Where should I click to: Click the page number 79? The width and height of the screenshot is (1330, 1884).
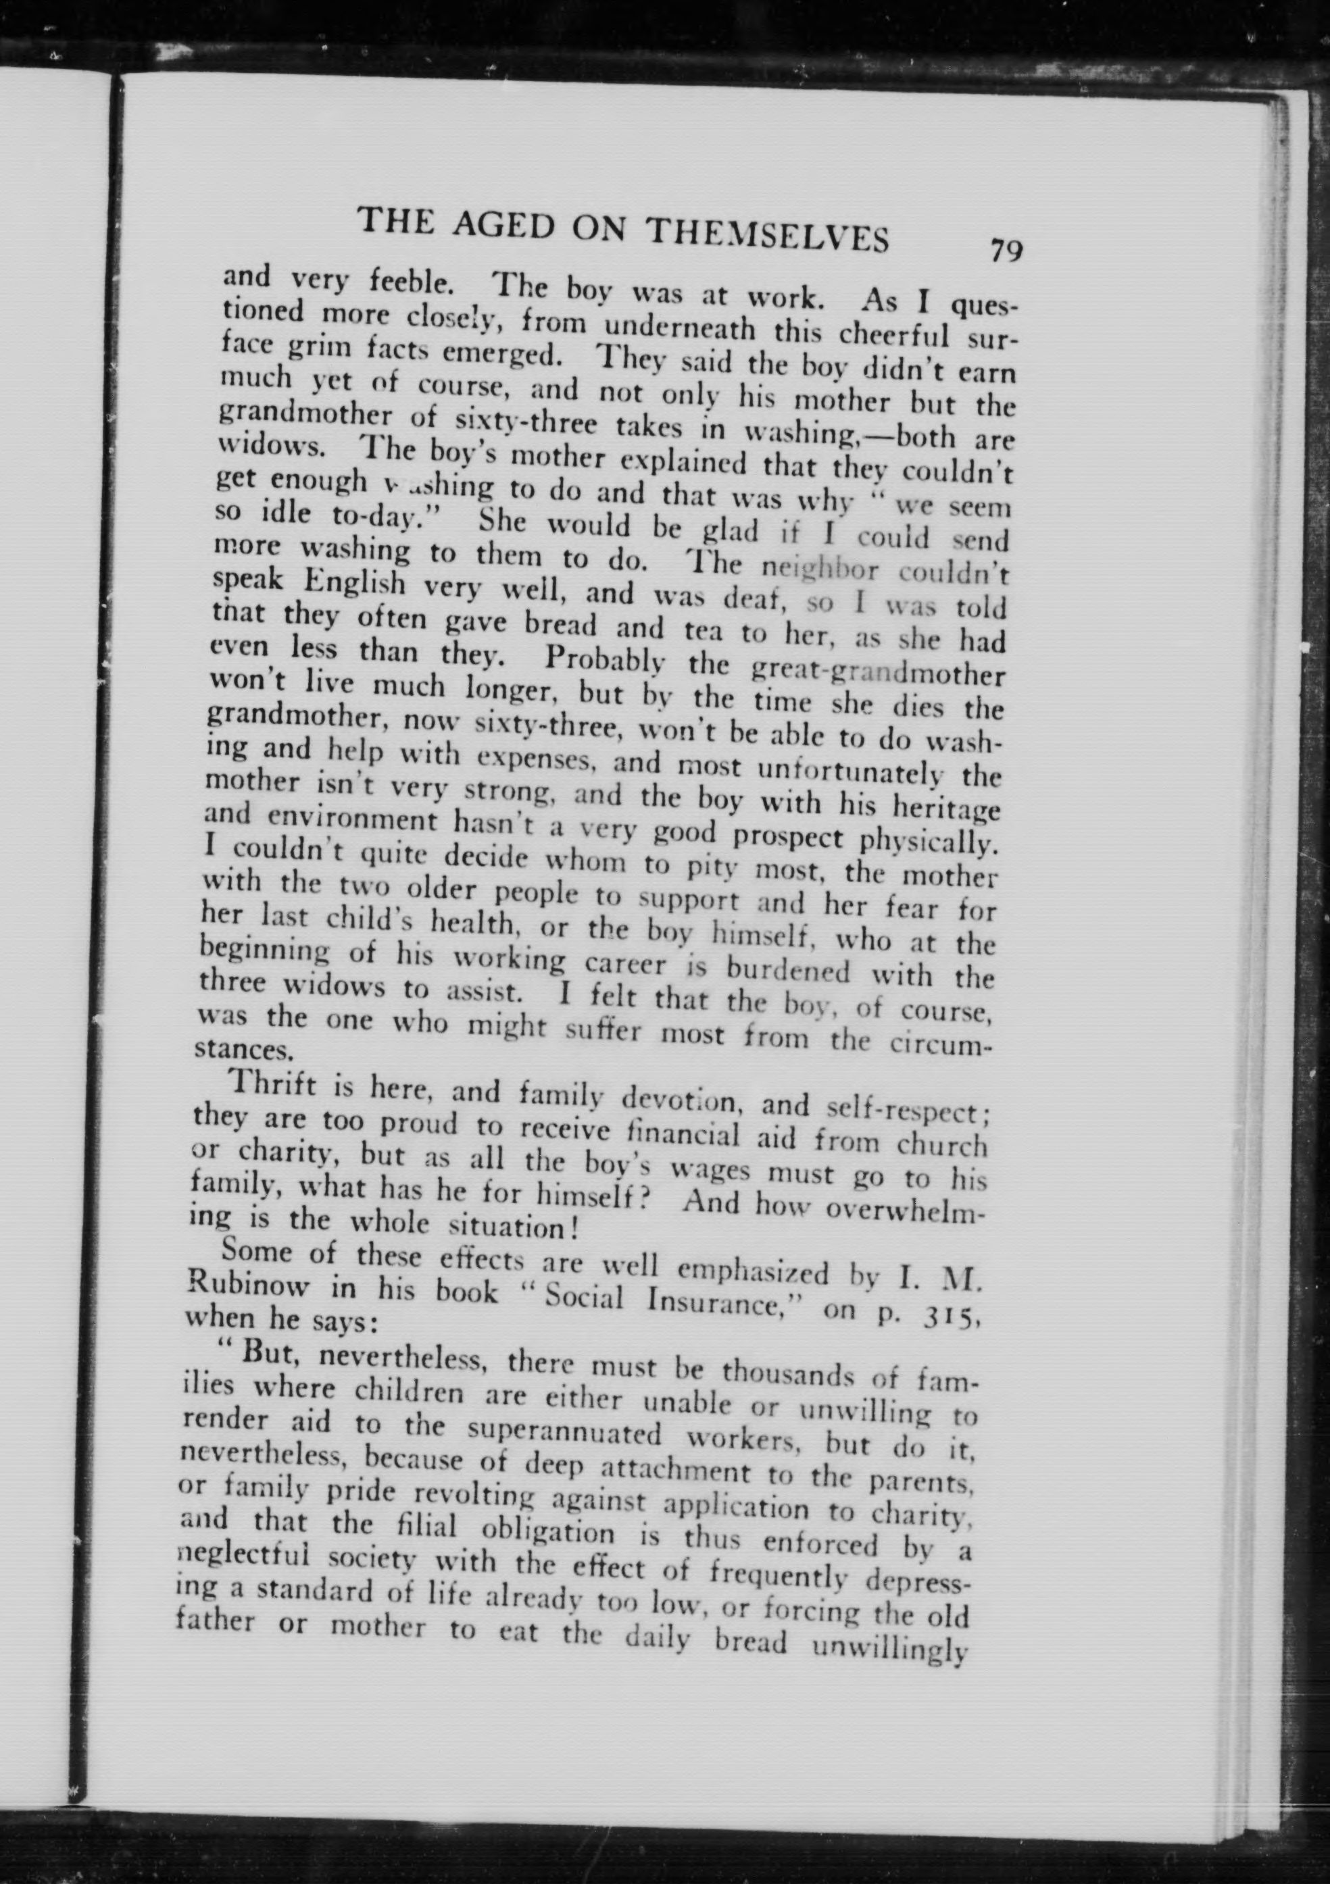[x=1006, y=250]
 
